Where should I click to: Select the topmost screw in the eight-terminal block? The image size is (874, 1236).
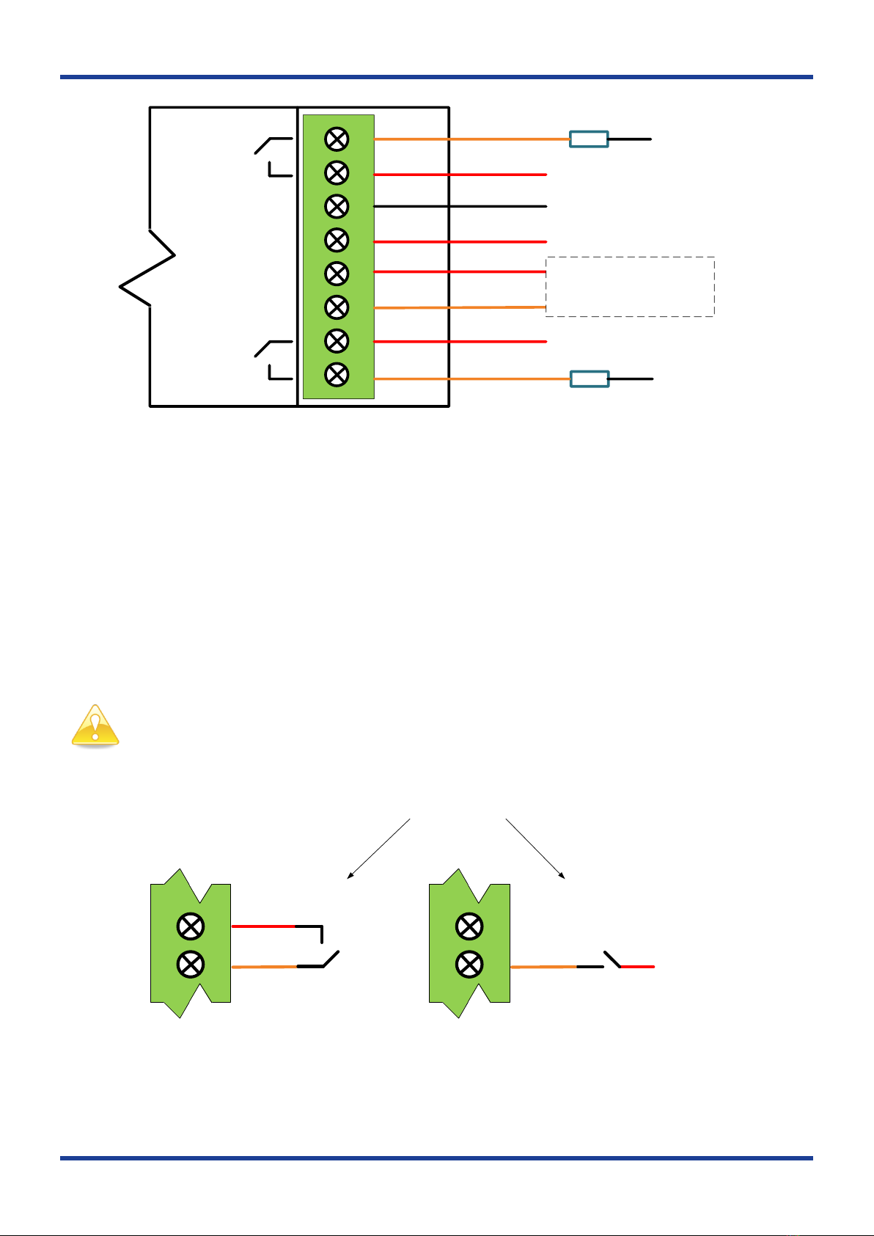[337, 139]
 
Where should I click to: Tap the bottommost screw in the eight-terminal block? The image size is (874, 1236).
[337, 375]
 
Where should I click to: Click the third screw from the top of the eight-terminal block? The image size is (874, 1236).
[337, 207]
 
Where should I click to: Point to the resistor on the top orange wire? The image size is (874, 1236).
[589, 139]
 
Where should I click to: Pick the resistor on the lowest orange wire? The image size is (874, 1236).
[590, 379]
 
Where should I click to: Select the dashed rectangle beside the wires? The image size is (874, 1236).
[630, 287]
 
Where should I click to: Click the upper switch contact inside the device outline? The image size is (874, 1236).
[273, 156]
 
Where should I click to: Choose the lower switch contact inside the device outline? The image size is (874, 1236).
[273, 360]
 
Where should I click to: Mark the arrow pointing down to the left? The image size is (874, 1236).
[378, 848]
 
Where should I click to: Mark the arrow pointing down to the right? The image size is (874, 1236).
[535, 848]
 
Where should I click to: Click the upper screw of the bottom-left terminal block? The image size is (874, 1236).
[191, 926]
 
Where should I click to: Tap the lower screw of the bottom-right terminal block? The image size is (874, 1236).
[469, 964]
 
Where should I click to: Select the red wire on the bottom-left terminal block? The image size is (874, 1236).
[263, 926]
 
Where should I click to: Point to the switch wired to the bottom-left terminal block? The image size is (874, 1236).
[323, 951]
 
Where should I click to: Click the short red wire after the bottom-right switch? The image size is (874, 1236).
[637, 967]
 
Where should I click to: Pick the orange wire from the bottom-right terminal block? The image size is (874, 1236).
[543, 967]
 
